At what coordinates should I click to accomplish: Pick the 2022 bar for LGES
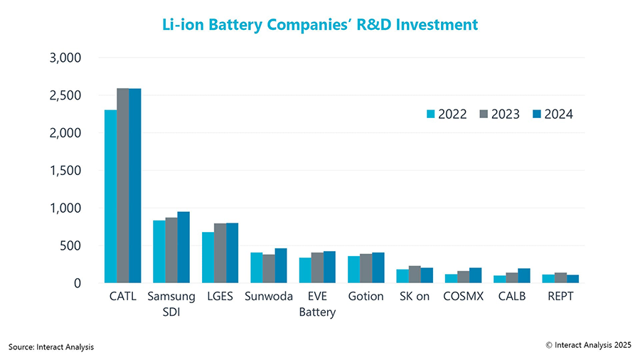coord(208,258)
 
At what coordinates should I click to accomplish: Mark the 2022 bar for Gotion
coord(353,270)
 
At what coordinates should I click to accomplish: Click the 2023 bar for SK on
coord(415,275)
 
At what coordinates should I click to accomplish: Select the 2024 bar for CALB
coord(524,276)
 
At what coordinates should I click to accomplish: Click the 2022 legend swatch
coord(430,114)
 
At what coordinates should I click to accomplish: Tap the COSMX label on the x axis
coord(464,297)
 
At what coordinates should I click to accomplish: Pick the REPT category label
coord(560,297)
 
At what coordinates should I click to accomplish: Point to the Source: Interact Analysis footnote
coord(51,346)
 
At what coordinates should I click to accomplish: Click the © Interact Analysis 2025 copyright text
coord(588,345)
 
